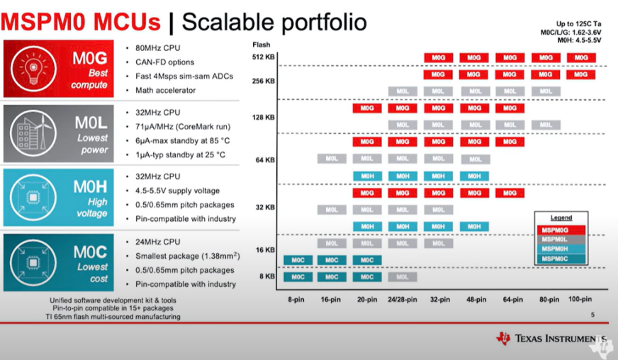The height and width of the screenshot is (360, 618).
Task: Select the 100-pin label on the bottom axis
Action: tap(580, 300)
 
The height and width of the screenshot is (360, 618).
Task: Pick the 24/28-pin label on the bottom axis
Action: tap(402, 300)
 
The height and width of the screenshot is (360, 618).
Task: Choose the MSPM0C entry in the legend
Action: tap(560, 260)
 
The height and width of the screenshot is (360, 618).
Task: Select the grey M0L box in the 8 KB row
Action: tap(402, 277)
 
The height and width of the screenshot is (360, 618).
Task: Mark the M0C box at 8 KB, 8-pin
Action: tap(298, 277)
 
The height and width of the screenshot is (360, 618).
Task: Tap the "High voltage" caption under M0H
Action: tap(92, 207)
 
